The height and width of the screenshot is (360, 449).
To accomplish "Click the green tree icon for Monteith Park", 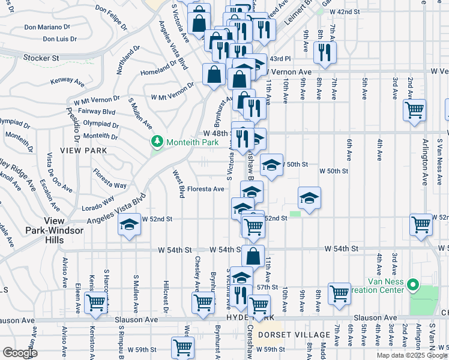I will click(157, 141).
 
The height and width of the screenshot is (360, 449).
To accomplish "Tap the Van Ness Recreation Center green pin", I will click(412, 284).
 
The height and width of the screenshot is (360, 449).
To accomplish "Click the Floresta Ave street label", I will click(206, 189).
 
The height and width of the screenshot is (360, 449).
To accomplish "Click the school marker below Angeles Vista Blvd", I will click(127, 226).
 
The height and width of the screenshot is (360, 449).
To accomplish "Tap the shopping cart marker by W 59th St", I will click(182, 346).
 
